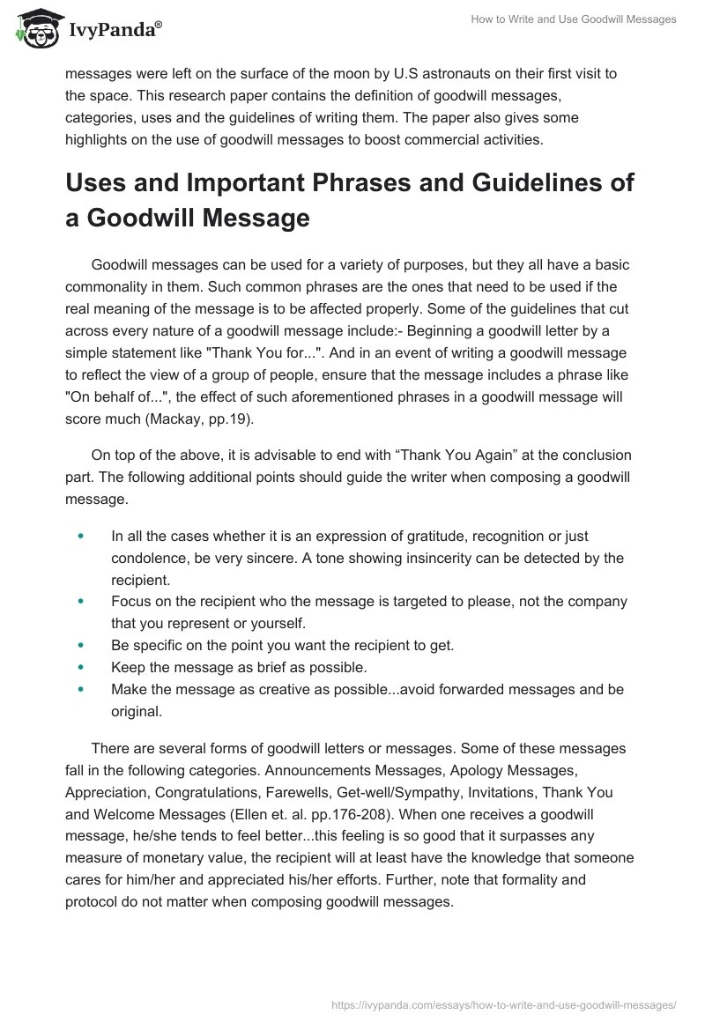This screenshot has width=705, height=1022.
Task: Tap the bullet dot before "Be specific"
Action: [x=82, y=645]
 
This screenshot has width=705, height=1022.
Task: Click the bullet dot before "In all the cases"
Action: [x=82, y=536]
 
